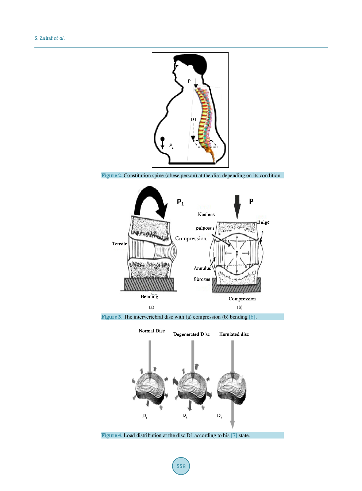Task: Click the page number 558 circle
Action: (x=181, y=466)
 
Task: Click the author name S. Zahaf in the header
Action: (x=43, y=38)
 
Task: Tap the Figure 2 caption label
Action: (x=111, y=175)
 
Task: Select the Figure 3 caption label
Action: (x=111, y=317)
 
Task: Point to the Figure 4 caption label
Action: (x=111, y=435)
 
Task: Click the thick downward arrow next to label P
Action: (x=237, y=206)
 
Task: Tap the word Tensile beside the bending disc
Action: (x=119, y=243)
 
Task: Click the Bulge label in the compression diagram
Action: (x=263, y=222)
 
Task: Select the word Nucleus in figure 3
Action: (x=206, y=214)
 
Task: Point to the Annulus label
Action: (x=202, y=268)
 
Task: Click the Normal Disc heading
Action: (x=151, y=331)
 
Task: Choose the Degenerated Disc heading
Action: (x=191, y=334)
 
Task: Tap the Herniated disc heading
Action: (x=234, y=334)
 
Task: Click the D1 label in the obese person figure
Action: (x=193, y=119)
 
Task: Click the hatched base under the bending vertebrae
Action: (x=149, y=284)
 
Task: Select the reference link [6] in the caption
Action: (x=252, y=317)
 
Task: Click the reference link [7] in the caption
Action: (x=234, y=435)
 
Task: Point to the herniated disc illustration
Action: (x=232, y=388)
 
